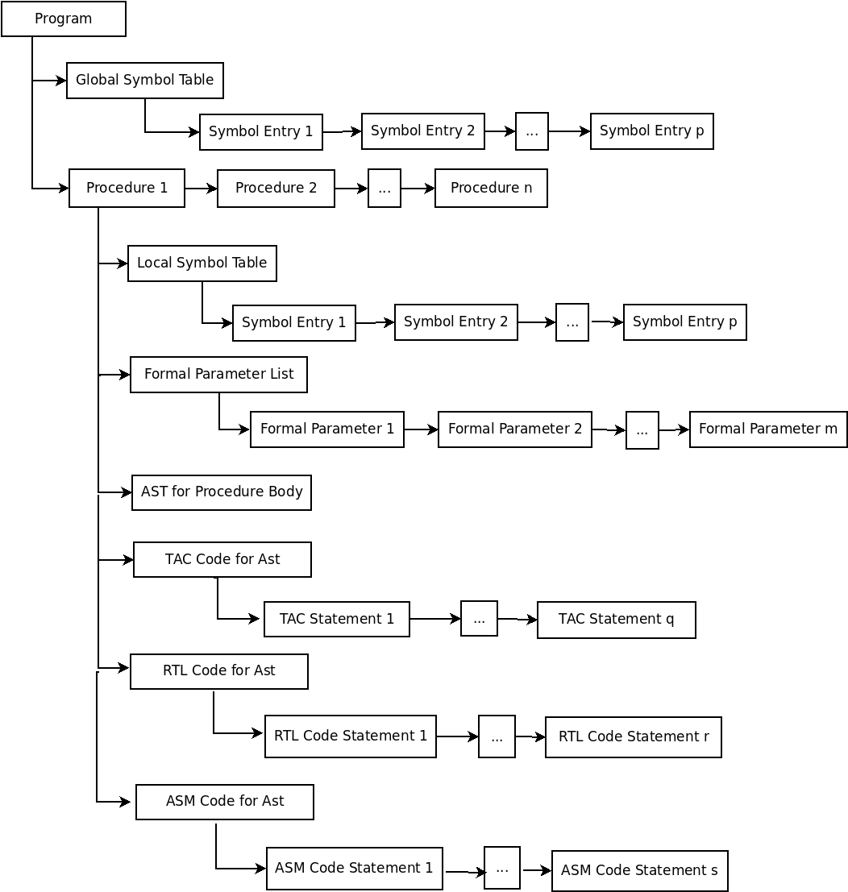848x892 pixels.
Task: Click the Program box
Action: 64,19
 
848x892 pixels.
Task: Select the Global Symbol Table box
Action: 145,81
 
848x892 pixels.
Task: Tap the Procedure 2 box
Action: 276,189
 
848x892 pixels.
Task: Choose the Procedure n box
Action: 491,189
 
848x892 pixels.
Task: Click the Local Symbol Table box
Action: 202,263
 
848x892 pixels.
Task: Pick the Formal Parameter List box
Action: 218,375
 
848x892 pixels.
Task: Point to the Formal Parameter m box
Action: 768,429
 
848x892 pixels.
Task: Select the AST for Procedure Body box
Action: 222,492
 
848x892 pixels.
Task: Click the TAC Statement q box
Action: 617,620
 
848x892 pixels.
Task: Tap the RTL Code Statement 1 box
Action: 351,736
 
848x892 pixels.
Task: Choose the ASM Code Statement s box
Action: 640,871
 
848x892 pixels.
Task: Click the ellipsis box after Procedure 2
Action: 385,189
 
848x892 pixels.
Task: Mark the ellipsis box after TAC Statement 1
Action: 479,618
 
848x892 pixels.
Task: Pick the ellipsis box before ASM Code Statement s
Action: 502,868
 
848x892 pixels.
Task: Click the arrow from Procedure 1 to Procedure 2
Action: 201,189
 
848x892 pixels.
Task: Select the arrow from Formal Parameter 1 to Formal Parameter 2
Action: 421,429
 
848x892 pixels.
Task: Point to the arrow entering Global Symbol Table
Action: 49,81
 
